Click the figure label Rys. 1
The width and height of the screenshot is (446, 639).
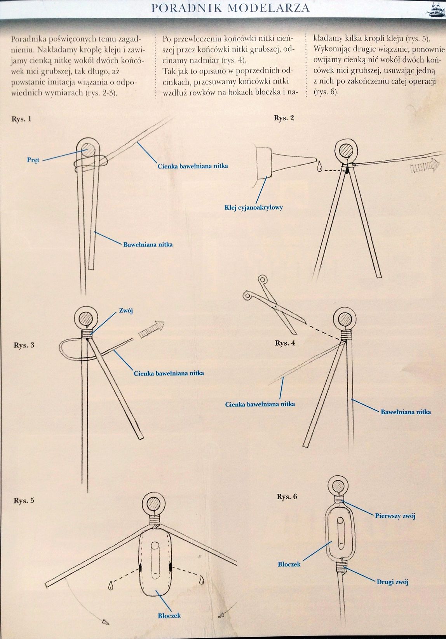click(21, 119)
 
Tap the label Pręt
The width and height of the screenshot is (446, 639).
click(33, 160)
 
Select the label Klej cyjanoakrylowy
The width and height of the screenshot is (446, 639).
click(254, 208)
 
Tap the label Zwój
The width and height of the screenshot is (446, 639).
click(126, 311)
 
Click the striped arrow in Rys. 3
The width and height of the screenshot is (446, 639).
click(152, 330)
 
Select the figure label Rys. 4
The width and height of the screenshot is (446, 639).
click(285, 343)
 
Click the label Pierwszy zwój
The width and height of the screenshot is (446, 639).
click(395, 516)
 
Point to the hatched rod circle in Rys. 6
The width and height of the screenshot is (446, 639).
click(338, 486)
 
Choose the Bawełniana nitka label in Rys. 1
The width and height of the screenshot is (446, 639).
click(148, 245)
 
